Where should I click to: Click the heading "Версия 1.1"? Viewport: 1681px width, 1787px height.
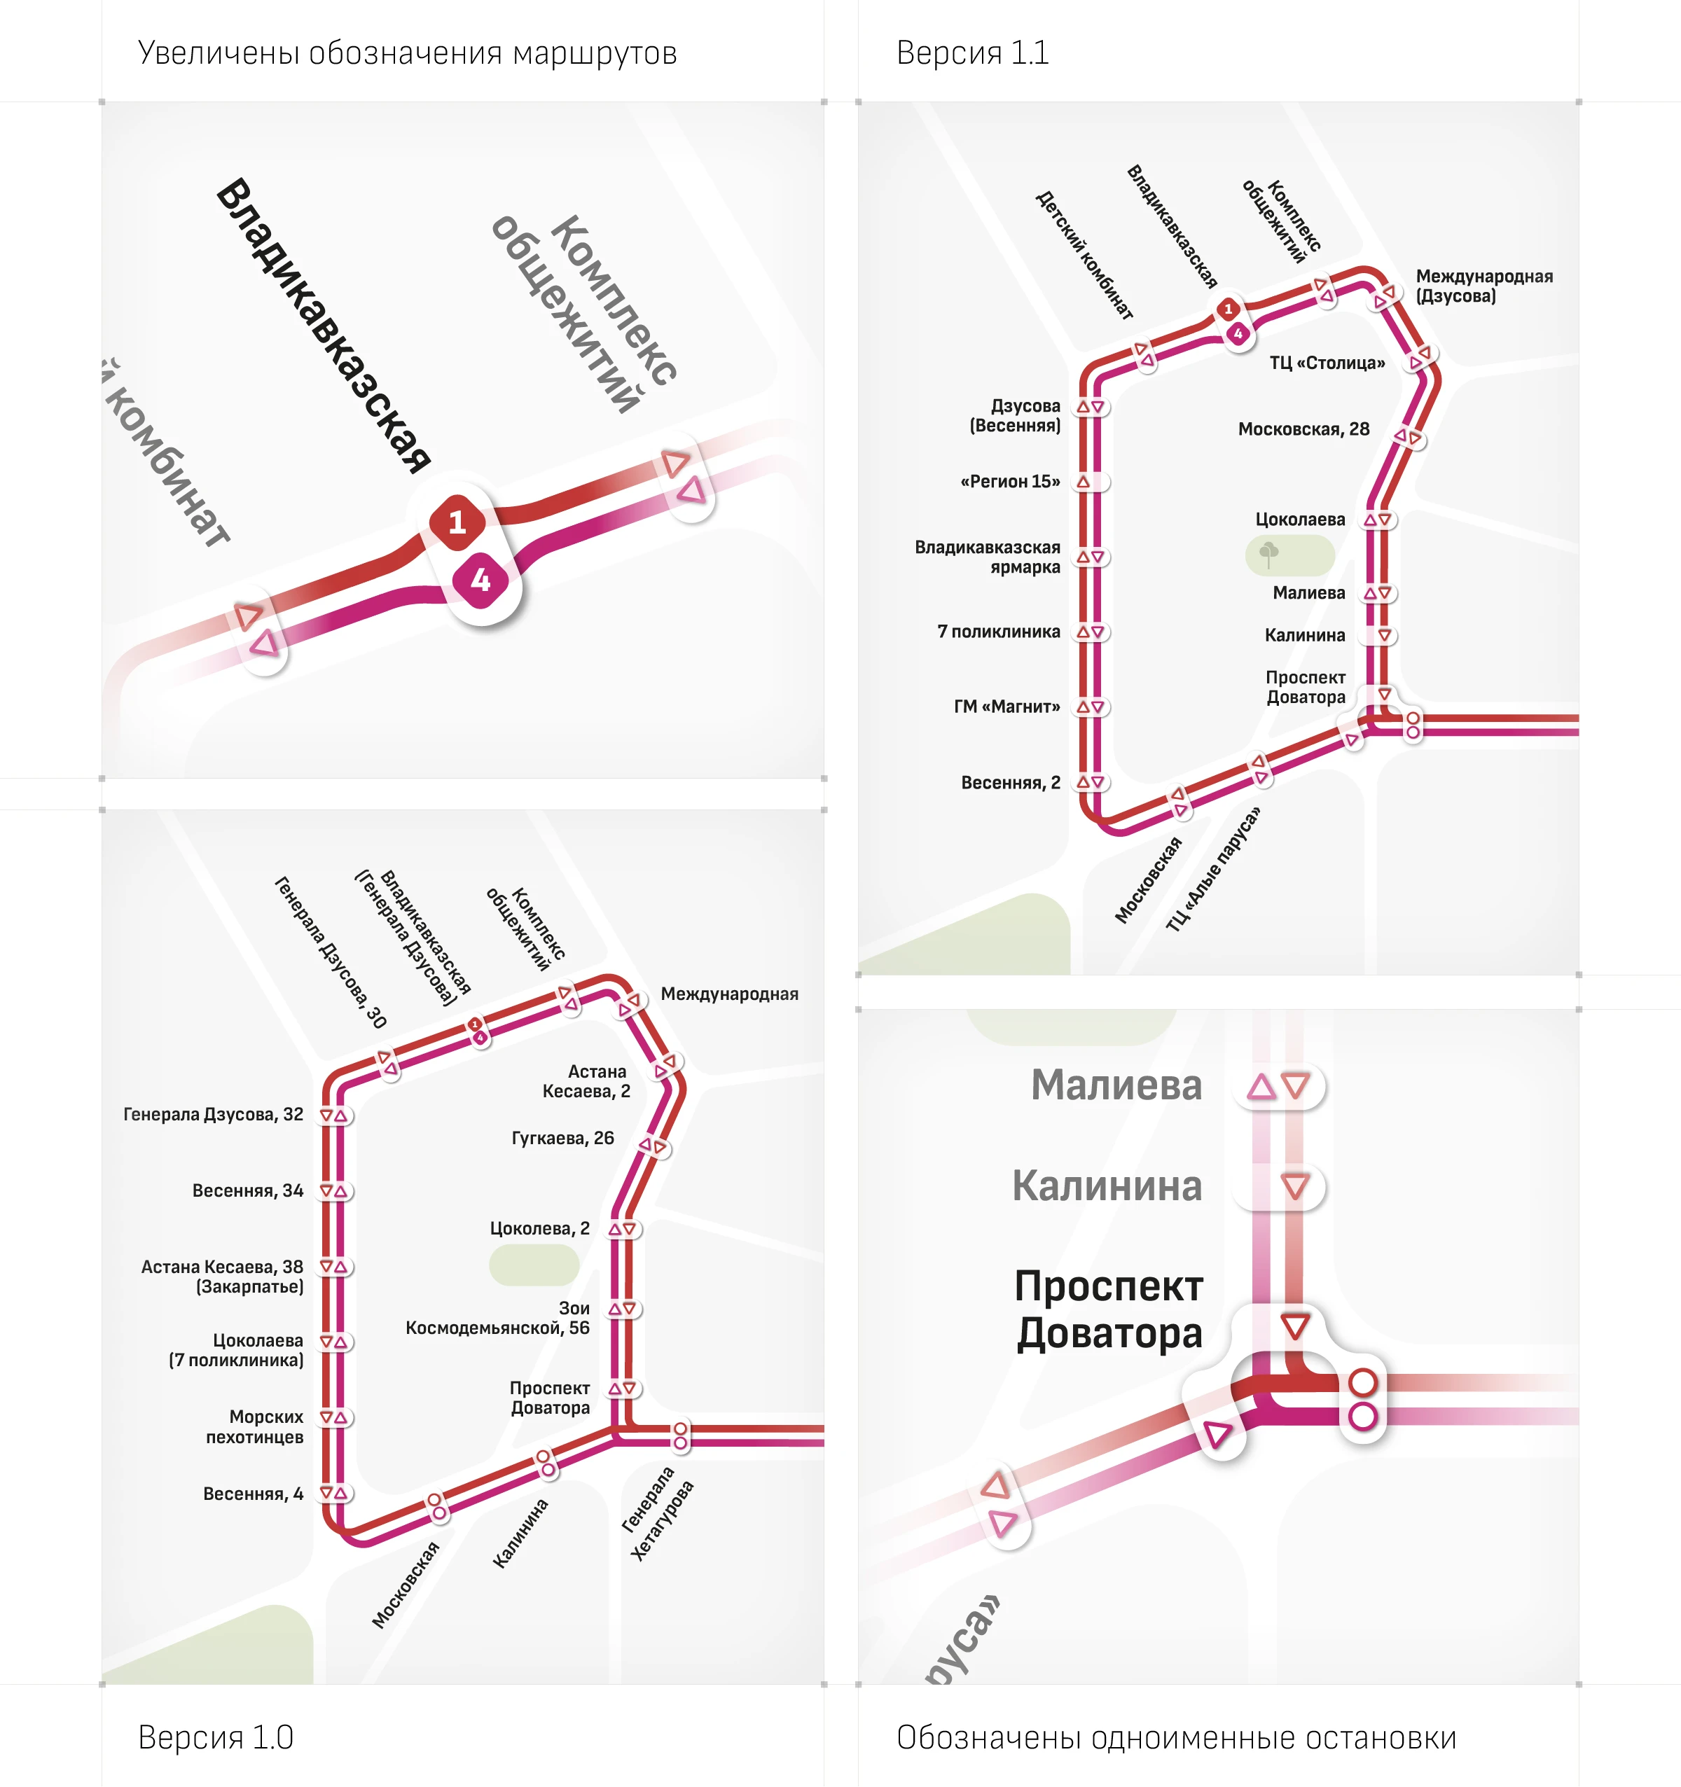pyautogui.click(x=973, y=53)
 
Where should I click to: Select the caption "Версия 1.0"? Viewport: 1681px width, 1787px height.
pyautogui.click(x=216, y=1737)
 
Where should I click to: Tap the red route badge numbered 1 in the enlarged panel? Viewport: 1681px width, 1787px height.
pyautogui.click(x=457, y=522)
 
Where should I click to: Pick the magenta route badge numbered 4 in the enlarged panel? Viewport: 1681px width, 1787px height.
pyautogui.click(x=481, y=580)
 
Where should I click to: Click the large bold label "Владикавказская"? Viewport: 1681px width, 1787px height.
pyautogui.click(x=324, y=326)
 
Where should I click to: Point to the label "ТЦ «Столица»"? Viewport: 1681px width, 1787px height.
pyautogui.click(x=1327, y=363)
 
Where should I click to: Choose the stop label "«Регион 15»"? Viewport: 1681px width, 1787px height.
pyautogui.click(x=1011, y=482)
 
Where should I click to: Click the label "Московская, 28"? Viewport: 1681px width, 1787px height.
pyautogui.click(x=1303, y=430)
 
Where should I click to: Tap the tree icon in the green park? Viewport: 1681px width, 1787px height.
pyautogui.click(x=1269, y=554)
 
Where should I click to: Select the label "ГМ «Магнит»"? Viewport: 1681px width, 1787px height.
pyautogui.click(x=1006, y=707)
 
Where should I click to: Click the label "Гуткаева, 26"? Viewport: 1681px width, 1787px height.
pyautogui.click(x=562, y=1139)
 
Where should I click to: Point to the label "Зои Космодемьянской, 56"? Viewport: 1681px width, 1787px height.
pyautogui.click(x=498, y=1319)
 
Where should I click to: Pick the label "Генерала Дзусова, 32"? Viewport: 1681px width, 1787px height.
pyautogui.click(x=213, y=1115)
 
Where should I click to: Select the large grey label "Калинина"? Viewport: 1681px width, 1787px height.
pyautogui.click(x=1107, y=1186)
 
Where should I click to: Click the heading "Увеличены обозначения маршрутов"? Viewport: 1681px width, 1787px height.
pyautogui.click(x=407, y=54)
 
